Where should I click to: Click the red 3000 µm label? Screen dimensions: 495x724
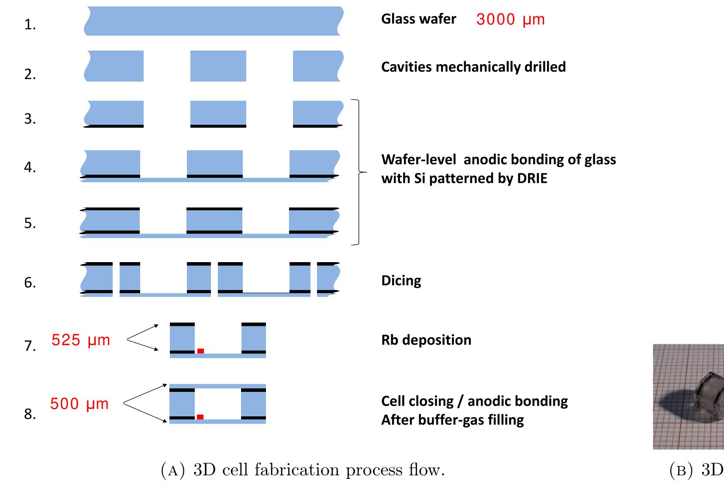[510, 20]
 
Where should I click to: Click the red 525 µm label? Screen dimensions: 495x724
[81, 340]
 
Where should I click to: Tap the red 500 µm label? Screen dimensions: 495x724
[79, 404]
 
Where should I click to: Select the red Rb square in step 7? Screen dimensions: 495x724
[200, 351]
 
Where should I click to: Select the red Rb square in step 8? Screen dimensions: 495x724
[200, 417]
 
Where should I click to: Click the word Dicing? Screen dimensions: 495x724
[401, 280]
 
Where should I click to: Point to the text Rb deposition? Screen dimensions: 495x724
[426, 340]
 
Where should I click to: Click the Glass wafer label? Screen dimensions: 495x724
[418, 19]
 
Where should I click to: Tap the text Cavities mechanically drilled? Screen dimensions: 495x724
[473, 67]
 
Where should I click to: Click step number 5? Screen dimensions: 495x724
[30, 223]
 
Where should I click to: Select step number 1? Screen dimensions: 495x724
[30, 25]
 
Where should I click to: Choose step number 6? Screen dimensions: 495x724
[30, 283]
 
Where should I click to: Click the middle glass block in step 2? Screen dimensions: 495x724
[218, 66]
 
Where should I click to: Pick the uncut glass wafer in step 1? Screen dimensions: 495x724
[213, 21]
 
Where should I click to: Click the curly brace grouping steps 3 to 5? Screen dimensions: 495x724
[359, 172]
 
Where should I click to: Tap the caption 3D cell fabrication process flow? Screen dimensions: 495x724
[303, 470]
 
